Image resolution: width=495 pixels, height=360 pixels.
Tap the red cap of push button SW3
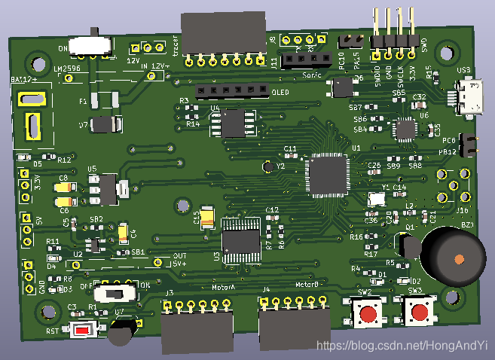418,312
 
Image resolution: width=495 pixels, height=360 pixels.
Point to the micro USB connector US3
472,100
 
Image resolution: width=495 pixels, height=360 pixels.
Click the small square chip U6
407,128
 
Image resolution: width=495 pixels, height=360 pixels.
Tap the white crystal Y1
377,200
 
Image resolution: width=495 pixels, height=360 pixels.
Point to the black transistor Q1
409,245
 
